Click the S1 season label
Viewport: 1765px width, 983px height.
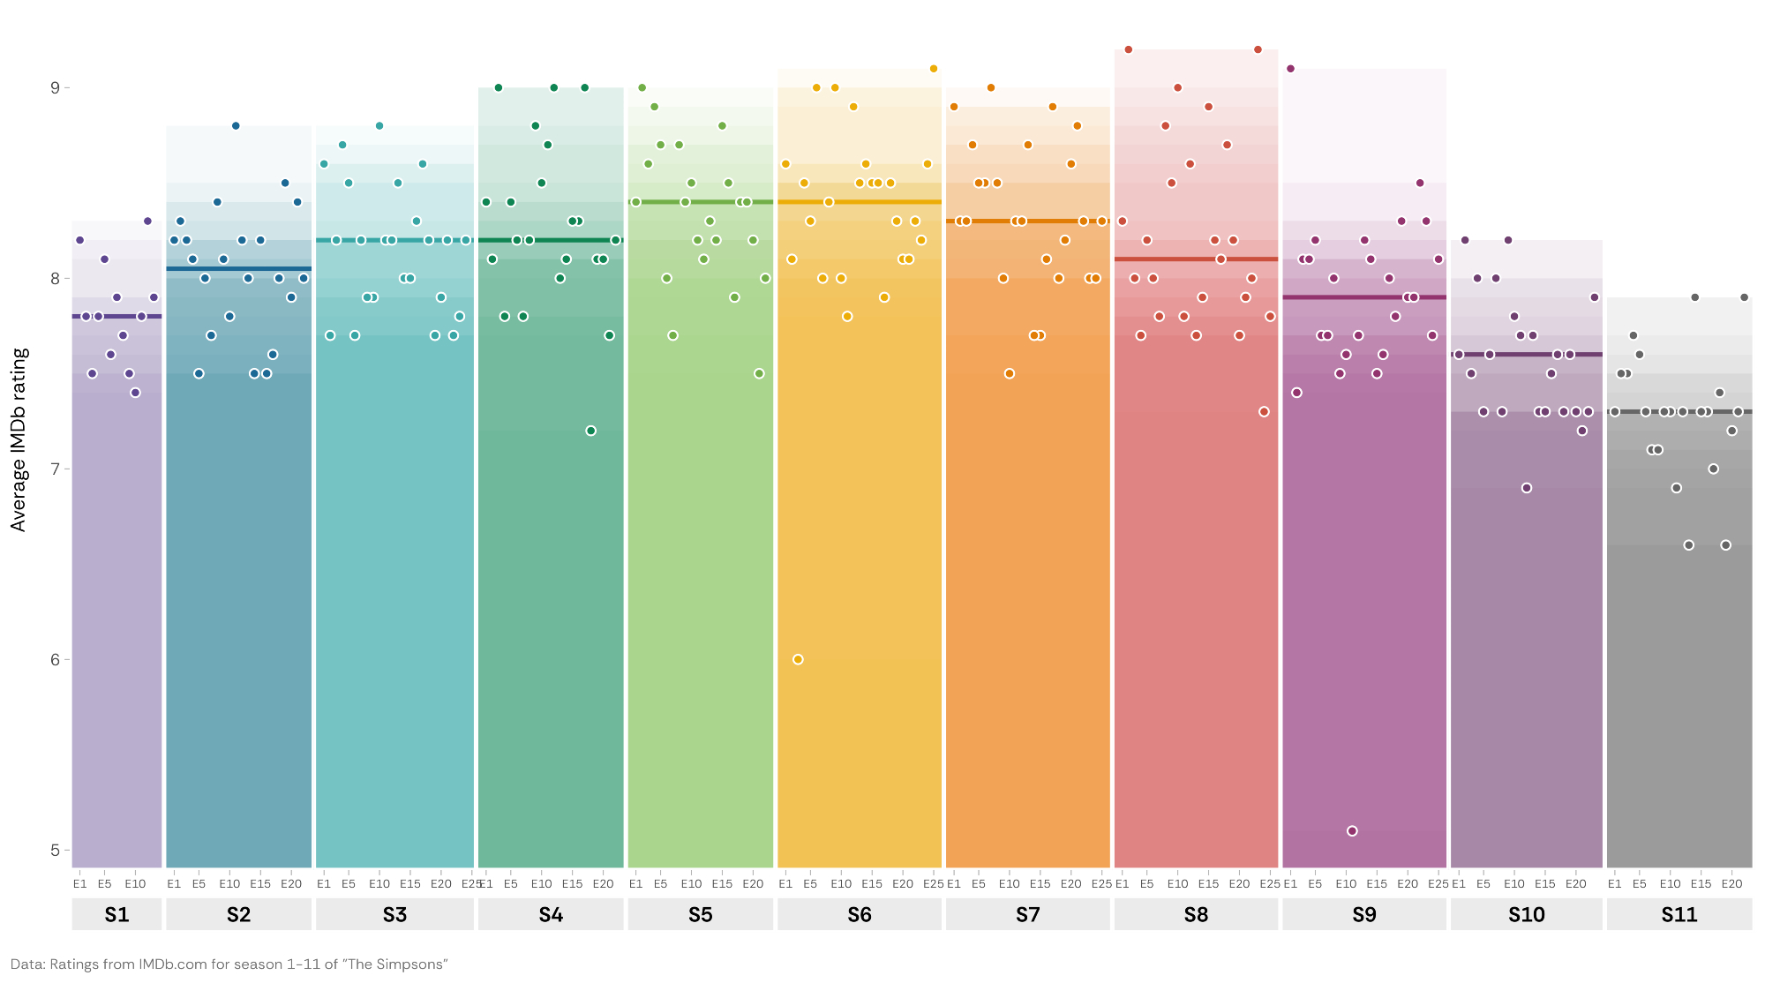[116, 915]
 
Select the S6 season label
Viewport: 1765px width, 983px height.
[859, 915]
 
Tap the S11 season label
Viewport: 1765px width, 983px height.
[1679, 915]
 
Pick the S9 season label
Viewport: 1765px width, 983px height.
[1363, 915]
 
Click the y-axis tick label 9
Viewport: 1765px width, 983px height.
[55, 87]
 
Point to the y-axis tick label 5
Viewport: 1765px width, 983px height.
[55, 851]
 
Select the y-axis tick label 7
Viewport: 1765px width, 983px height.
[55, 469]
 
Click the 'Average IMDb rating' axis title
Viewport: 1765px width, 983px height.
[19, 439]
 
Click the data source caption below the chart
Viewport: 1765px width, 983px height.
[229, 964]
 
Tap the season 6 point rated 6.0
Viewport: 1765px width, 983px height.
[798, 659]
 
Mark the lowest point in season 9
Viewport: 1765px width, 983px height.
[1352, 831]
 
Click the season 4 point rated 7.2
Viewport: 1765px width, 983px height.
[590, 431]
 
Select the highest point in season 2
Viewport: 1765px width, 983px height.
[236, 126]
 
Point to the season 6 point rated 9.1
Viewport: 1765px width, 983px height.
[933, 69]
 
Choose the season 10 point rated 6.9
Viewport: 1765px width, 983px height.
[1527, 488]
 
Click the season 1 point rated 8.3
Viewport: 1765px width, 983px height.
[147, 221]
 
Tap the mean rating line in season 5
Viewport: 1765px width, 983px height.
[700, 202]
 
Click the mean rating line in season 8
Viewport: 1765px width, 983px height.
[1196, 259]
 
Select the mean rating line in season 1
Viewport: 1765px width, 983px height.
[116, 316]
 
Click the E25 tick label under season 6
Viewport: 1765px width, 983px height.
[933, 884]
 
